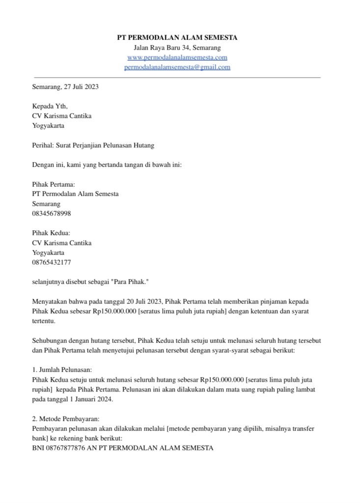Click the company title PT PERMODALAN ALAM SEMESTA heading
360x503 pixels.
(177, 38)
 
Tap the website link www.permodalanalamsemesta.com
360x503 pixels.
(177, 57)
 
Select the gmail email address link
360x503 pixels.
(177, 67)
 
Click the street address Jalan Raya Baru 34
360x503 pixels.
(161, 48)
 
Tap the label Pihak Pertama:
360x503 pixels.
(54, 184)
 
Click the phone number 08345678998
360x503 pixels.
(55, 213)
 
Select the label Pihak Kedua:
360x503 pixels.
(51, 233)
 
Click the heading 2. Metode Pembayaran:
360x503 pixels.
(65, 419)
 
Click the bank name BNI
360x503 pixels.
(38, 447)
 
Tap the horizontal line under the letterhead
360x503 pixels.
(177, 78)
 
